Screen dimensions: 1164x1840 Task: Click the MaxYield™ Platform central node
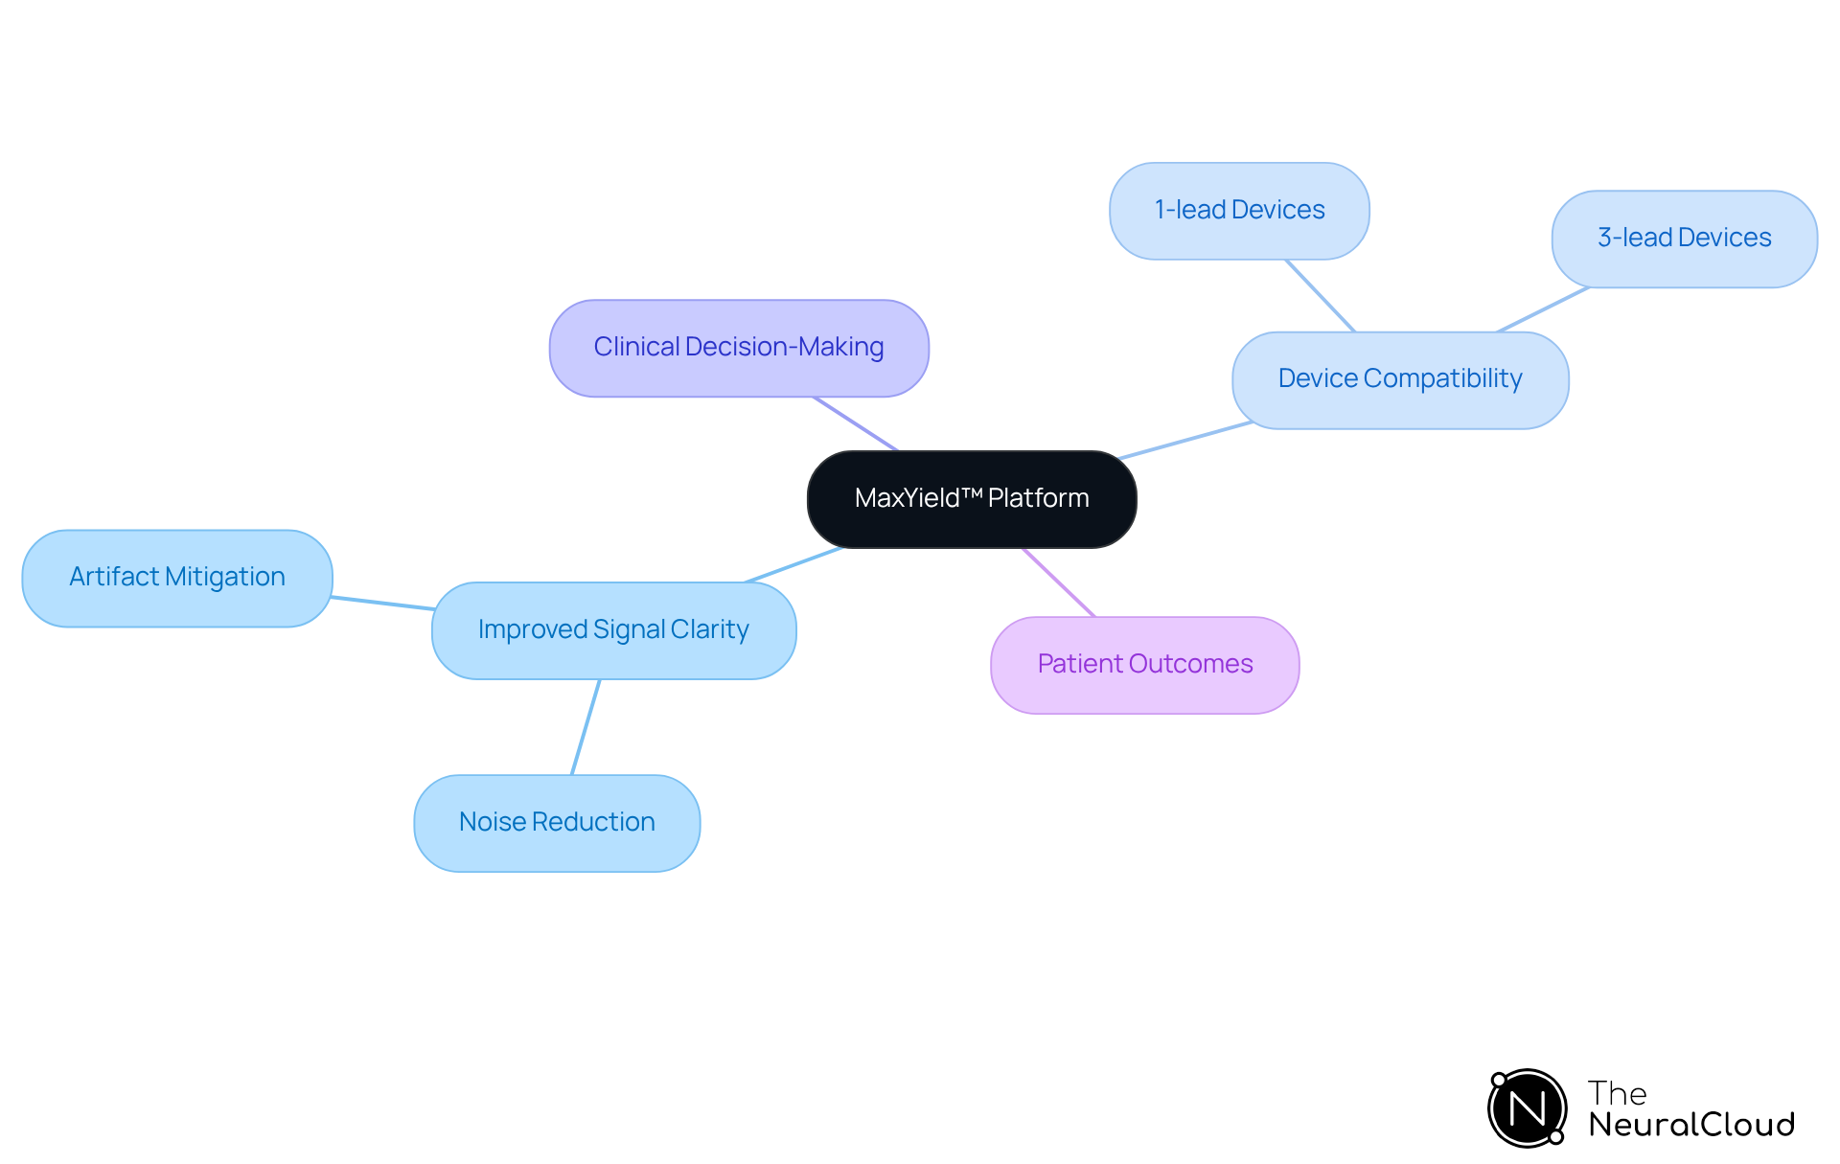972,499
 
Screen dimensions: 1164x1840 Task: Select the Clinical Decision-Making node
739,348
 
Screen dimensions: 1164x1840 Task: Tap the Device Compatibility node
1400,379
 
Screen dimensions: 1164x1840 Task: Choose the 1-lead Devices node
1239,211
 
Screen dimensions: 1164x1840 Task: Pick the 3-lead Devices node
1684,239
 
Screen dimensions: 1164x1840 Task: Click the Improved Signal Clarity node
613,630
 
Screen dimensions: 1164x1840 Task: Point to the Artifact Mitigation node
177,578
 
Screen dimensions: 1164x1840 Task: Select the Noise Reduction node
557,823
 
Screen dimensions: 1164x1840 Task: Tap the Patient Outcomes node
1144,665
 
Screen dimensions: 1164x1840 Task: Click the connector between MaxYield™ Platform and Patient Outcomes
1059,582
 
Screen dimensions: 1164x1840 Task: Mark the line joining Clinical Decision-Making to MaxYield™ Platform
856,423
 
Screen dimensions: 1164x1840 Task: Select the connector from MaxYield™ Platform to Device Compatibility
1185,441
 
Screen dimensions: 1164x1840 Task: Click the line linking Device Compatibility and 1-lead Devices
1321,296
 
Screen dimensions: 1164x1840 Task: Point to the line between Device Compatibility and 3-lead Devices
1543,309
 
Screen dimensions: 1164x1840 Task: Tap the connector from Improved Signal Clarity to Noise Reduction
586,727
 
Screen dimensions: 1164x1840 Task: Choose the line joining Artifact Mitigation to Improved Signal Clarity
382,603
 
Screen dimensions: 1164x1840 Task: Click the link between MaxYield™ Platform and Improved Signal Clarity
793,565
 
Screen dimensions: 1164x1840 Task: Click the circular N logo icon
1527,1108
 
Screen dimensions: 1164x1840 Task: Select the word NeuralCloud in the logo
1691,1125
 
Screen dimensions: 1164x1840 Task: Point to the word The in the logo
1617,1093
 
